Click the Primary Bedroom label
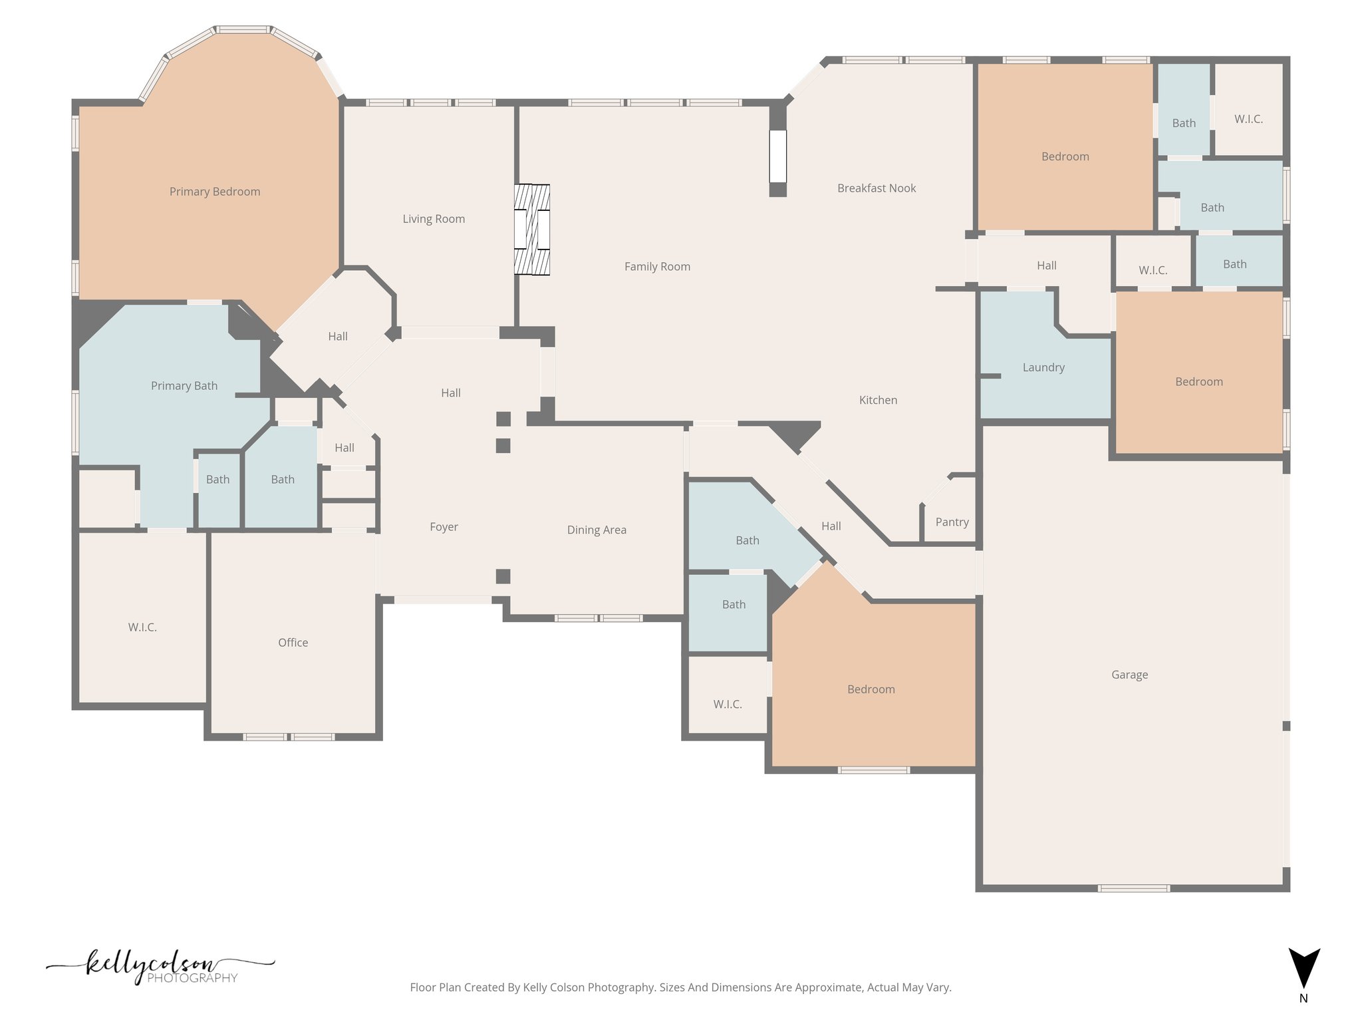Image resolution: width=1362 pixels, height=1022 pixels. [x=215, y=192]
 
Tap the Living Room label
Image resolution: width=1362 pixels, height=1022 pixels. [x=434, y=219]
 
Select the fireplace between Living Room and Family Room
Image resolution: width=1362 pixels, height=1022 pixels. [x=532, y=230]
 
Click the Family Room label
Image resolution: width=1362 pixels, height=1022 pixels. [x=657, y=267]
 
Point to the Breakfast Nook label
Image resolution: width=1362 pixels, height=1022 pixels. [x=877, y=188]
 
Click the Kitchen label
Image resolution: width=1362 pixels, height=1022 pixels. [x=878, y=400]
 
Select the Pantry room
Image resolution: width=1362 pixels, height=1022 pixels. [x=952, y=522]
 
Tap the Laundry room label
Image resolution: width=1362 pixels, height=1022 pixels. [x=1043, y=367]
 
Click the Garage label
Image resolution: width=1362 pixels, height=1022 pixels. [x=1129, y=675]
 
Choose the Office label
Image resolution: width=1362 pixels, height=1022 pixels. [x=293, y=643]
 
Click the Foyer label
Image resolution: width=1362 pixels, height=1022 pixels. [x=444, y=527]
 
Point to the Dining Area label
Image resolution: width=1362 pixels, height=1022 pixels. [x=597, y=530]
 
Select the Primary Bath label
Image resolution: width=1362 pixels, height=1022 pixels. [x=184, y=386]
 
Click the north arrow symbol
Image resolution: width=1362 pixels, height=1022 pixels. [x=1304, y=968]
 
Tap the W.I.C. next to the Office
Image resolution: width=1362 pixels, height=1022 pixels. [x=142, y=627]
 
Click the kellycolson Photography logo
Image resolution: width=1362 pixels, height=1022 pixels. [x=160, y=967]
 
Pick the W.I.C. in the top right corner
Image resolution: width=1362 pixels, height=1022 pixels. [x=1248, y=119]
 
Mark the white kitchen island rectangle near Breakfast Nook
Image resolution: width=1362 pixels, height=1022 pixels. [x=777, y=156]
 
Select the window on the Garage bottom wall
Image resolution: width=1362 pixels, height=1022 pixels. [x=1133, y=888]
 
